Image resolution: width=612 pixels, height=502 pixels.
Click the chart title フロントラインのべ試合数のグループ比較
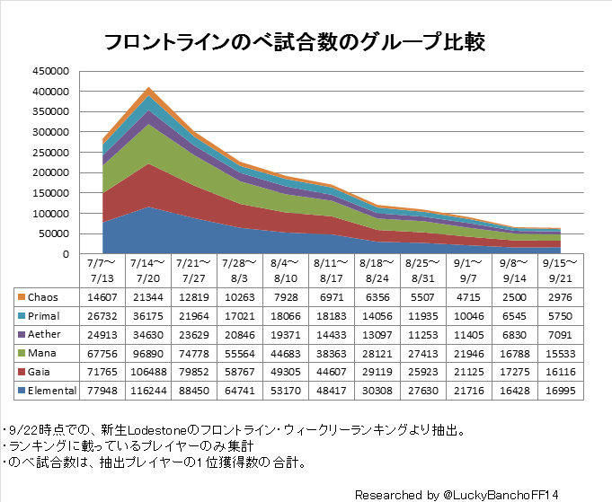tap(295, 41)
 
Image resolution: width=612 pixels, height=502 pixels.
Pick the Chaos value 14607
tap(101, 297)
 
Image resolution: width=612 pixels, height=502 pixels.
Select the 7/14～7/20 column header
tap(146, 270)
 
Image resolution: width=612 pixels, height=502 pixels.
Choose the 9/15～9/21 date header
tap(562, 270)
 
